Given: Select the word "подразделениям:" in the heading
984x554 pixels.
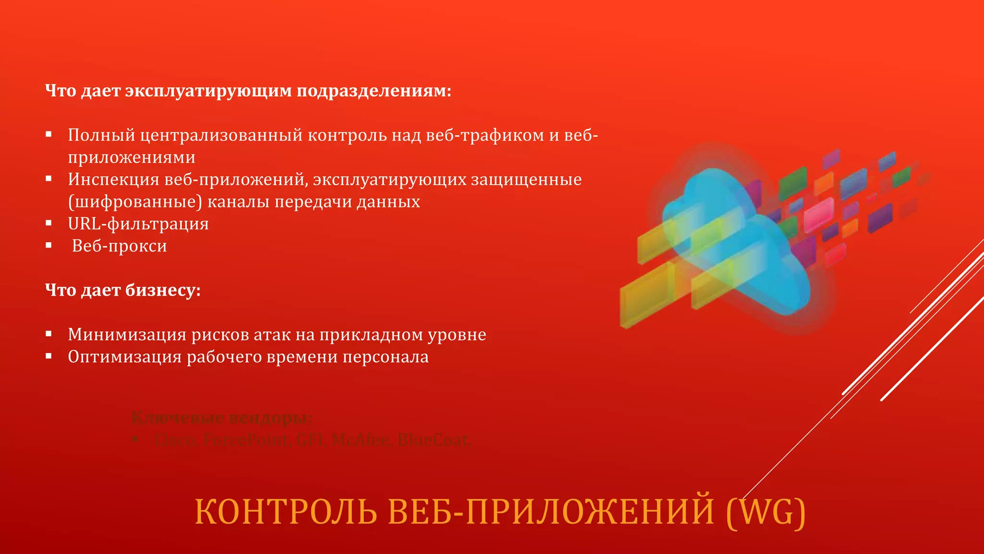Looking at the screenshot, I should [x=374, y=91].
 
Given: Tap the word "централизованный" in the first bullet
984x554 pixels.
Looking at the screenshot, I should [x=221, y=135].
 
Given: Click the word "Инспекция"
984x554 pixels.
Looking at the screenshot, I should [x=113, y=179].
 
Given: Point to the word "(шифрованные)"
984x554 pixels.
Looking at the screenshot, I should [x=135, y=202].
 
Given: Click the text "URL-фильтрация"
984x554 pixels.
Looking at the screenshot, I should [x=138, y=224].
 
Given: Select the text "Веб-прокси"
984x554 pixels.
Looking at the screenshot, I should [x=120, y=246].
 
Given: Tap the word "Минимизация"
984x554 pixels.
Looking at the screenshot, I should [x=127, y=334].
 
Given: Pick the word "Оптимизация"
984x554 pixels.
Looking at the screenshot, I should [x=124, y=356].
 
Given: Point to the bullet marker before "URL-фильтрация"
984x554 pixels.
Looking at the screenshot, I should [x=49, y=223].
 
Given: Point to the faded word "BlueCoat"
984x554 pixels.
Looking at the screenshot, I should [x=434, y=440].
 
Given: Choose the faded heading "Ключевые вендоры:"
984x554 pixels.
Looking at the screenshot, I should [x=221, y=417].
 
